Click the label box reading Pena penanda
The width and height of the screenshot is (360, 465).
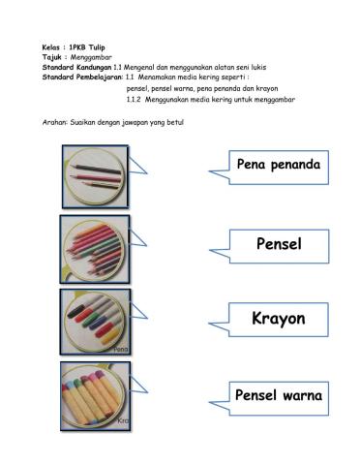pyautogui.click(x=278, y=165)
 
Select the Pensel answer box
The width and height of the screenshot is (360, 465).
pyautogui.click(x=278, y=243)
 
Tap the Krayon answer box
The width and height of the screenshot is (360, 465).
pyautogui.click(x=278, y=318)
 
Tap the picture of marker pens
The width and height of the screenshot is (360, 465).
pyautogui.click(x=95, y=319)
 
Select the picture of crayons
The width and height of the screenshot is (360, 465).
pyautogui.click(x=95, y=393)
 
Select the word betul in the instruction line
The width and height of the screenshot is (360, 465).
pyautogui.click(x=173, y=123)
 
